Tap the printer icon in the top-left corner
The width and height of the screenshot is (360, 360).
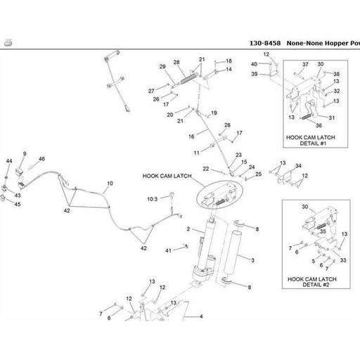[x=7, y=42]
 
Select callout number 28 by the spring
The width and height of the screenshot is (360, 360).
[x=176, y=62]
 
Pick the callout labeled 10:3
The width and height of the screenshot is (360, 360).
[x=153, y=200]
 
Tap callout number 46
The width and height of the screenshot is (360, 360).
[x=41, y=160]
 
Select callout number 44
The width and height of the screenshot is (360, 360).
[x=9, y=162]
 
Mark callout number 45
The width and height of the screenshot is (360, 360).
[x=18, y=205]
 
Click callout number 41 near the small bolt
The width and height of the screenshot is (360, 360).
[x=169, y=250]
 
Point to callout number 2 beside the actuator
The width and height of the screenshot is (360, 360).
[x=188, y=230]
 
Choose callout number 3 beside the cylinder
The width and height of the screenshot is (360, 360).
[x=252, y=260]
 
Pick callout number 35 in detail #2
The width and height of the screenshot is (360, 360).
[x=323, y=231]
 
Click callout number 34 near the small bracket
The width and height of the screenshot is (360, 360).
[x=298, y=166]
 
